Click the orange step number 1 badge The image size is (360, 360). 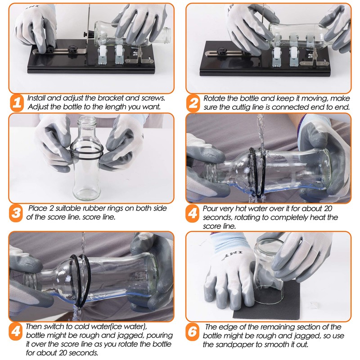coord(16,103)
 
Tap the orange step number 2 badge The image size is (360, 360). coord(193,103)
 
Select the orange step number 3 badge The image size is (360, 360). coord(16,213)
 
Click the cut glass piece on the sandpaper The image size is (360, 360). coord(270,279)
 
